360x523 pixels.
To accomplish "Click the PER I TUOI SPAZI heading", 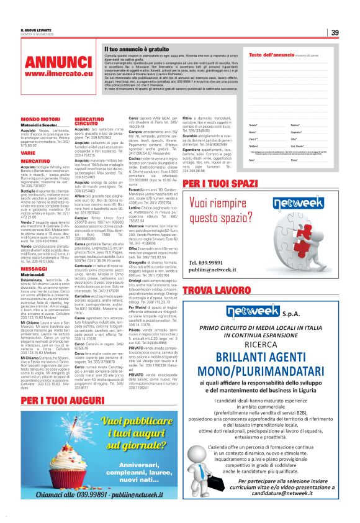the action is (220, 184).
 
